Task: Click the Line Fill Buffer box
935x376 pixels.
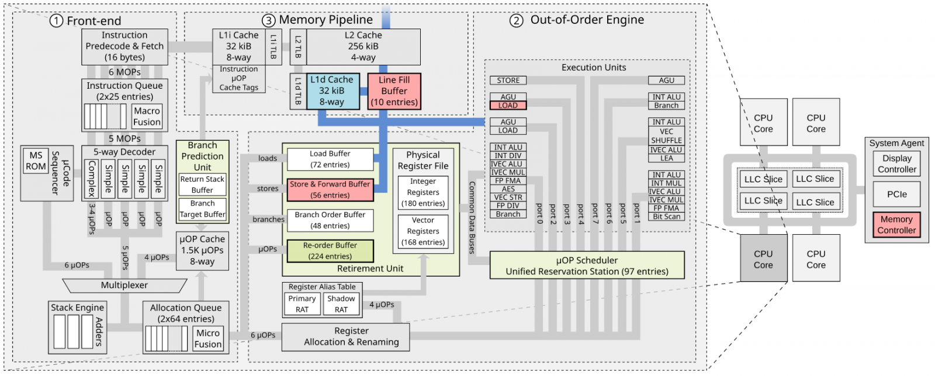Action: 394,91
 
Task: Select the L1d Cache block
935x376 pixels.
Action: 331,91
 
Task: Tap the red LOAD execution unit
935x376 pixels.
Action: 508,106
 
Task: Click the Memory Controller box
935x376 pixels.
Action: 896,225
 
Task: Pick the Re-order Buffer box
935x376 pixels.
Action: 330,250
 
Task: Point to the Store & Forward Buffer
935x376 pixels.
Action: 330,190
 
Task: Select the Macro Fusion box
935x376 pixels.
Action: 147,116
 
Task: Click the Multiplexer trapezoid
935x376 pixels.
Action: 124,285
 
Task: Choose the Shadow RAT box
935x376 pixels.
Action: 341,304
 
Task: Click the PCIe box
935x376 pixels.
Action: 896,194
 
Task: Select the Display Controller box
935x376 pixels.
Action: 896,164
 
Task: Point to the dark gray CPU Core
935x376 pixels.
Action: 763,259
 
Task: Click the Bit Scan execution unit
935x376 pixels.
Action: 666,217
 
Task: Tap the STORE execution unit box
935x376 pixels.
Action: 508,81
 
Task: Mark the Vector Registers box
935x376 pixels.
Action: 423,231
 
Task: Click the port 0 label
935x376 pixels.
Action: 539,214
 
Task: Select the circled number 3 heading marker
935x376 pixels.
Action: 268,21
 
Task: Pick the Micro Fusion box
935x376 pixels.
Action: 208,339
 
